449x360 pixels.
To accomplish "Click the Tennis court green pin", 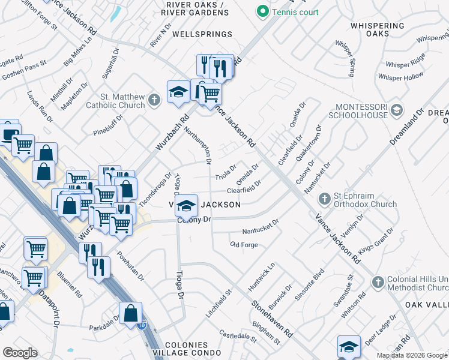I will pos(262,11).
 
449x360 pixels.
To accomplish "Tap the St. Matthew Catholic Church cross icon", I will pos(155,100).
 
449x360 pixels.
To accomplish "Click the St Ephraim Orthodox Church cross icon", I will pos(325,199).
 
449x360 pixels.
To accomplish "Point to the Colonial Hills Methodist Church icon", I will pos(378,281).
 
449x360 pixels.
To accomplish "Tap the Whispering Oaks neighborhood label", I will pos(377,31).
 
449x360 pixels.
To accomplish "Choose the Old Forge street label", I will pos(244,245).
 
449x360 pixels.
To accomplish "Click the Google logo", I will pos(20,352).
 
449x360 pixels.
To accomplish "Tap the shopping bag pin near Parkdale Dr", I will pos(131,314).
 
